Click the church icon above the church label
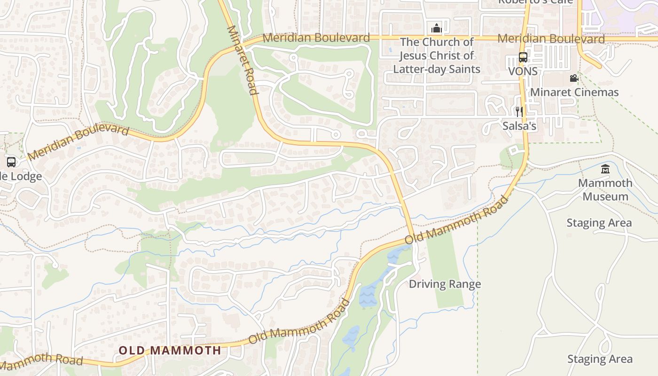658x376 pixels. point(437,28)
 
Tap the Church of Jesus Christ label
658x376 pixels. point(437,55)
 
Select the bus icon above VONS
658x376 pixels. point(523,57)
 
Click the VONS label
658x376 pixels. point(523,71)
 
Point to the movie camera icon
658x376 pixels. point(573,78)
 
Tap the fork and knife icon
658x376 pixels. point(519,112)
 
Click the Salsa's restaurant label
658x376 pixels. point(519,126)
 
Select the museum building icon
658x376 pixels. point(605,169)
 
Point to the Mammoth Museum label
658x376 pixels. point(605,189)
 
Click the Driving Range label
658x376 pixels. point(445,284)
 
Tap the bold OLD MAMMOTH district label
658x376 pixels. point(170,350)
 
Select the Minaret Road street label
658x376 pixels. point(243,60)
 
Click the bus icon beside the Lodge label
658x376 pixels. point(11,162)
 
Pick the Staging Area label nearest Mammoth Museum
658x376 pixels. point(599,223)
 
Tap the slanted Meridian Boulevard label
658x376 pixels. point(78,142)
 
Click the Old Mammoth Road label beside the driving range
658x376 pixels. point(456,220)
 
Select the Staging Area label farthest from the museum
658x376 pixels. point(600,359)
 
